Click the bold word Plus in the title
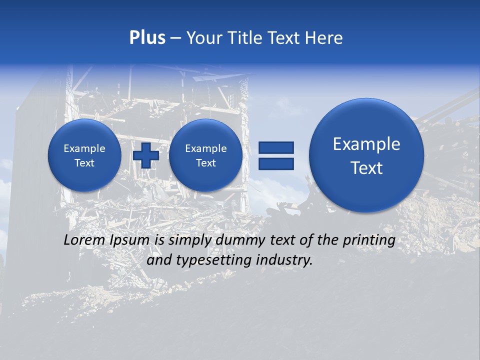(x=147, y=38)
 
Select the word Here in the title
(x=324, y=38)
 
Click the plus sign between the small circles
(x=146, y=155)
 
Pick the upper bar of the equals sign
(x=276, y=147)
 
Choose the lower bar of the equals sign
(x=276, y=163)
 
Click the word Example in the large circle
(x=366, y=144)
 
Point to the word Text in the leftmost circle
(x=84, y=163)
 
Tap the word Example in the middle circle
(x=205, y=148)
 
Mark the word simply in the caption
(x=190, y=240)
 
